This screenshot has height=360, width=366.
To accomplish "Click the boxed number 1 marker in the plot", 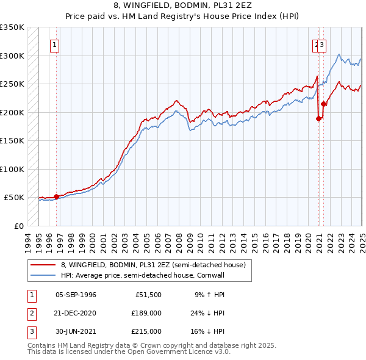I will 55,44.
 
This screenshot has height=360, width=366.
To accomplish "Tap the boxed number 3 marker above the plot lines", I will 323,44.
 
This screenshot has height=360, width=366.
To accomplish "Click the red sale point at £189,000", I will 318,119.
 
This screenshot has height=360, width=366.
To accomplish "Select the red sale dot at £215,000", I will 324,104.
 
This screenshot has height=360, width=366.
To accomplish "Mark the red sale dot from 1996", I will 56,196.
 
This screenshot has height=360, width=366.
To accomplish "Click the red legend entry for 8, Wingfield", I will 152,265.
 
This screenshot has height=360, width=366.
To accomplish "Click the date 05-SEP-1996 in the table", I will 76,295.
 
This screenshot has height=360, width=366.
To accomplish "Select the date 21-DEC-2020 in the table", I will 76,313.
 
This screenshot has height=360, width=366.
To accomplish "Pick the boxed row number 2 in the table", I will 30,313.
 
